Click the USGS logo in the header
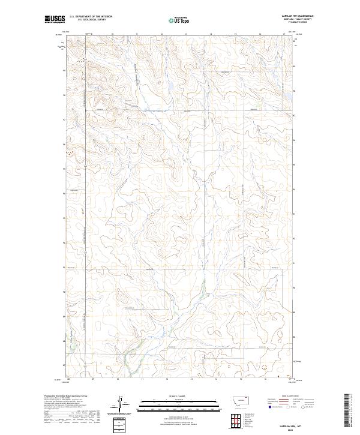tap(55, 20)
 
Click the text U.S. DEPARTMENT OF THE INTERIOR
tap(91, 17)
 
